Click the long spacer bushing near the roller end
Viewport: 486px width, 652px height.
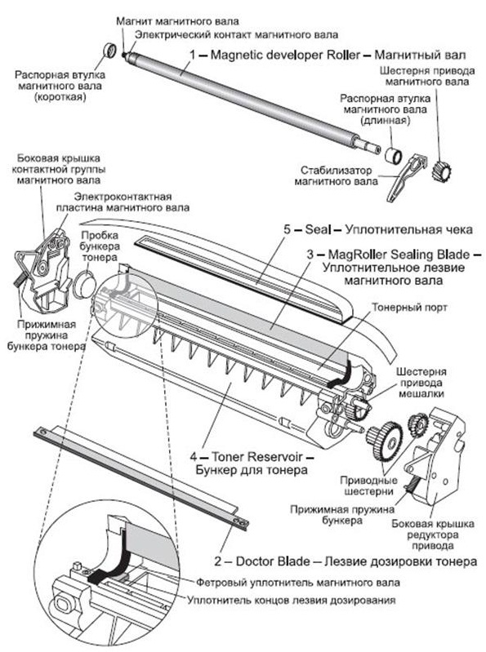coord(392,156)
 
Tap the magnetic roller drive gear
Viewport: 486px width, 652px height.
coord(441,169)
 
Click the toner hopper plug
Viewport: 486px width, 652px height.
coord(85,284)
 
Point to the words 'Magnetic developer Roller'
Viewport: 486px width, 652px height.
coord(285,55)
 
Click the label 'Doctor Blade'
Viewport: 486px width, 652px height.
coord(273,561)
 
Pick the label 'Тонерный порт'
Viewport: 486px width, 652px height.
coord(409,308)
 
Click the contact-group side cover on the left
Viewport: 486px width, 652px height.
coord(42,271)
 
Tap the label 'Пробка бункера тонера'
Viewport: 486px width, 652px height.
coord(100,246)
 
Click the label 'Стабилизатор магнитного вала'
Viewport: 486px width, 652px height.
coord(337,176)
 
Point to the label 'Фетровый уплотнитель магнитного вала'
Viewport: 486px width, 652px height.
coord(298,583)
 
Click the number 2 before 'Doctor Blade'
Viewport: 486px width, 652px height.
coord(218,561)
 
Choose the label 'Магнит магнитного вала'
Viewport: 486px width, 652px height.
coord(178,20)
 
